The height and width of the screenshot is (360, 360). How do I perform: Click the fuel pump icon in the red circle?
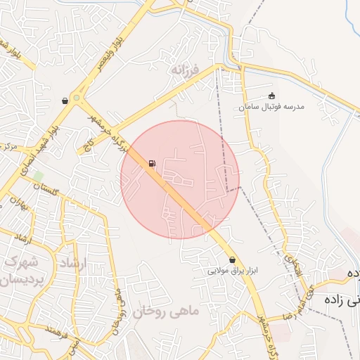coord(152,164)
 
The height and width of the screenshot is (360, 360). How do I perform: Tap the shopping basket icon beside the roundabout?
coord(65,101)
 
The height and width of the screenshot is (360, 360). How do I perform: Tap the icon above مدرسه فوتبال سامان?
coord(272,96)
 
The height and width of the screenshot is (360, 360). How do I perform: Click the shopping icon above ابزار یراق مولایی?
coord(233,259)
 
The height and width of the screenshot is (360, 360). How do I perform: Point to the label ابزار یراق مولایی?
coord(233,271)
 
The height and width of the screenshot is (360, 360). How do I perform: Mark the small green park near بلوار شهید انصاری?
coord(38,174)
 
